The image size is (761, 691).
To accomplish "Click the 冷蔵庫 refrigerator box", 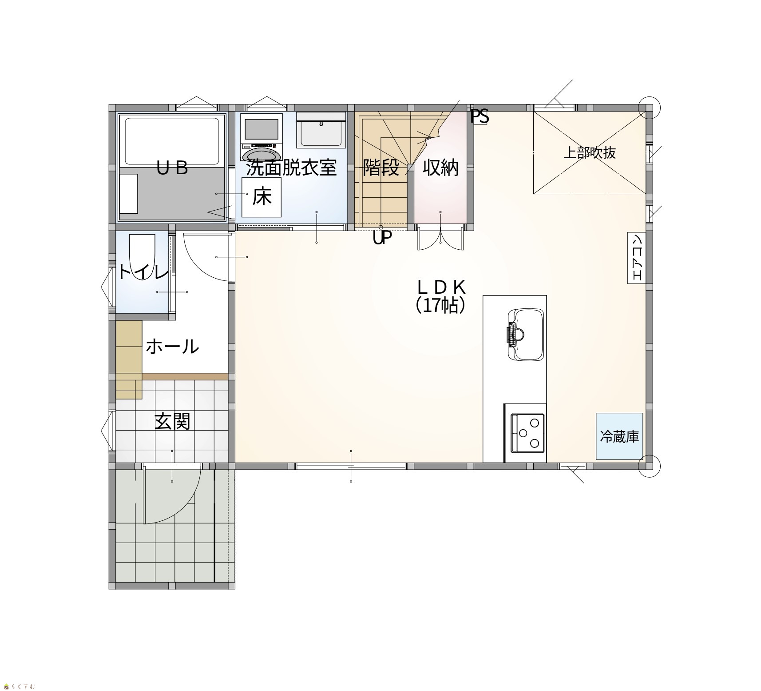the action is [x=619, y=436].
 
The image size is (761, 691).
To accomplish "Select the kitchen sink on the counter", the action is [x=526, y=334].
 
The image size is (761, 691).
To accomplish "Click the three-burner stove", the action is [x=528, y=432].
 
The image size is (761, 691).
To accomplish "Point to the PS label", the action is [x=480, y=116].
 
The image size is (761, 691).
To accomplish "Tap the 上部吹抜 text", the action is [x=590, y=152].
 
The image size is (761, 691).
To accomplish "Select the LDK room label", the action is [x=441, y=288].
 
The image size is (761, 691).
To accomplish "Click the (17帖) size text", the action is [x=440, y=305].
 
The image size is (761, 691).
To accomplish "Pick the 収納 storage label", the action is [x=440, y=168].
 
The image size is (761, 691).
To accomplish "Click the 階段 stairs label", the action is [x=381, y=168].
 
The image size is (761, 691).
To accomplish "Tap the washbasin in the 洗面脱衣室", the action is [x=321, y=130].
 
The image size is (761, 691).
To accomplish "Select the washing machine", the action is [x=262, y=137].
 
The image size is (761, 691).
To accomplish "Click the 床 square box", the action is [x=262, y=197].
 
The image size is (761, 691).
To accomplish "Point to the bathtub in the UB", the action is [x=172, y=140].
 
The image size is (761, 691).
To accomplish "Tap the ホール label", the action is [x=172, y=346].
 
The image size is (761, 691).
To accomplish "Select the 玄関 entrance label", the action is [x=172, y=421].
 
